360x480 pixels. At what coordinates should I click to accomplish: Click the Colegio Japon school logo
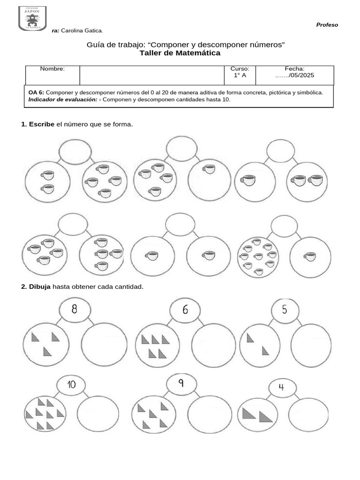click(x=32, y=18)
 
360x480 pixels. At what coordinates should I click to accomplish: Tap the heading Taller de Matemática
click(x=180, y=53)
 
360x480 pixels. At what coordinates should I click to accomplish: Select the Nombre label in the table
click(x=52, y=69)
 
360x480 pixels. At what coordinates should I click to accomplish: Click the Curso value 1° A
click(x=240, y=75)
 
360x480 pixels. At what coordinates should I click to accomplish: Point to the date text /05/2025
click(x=301, y=75)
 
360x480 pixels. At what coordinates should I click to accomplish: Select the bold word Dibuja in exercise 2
click(x=40, y=286)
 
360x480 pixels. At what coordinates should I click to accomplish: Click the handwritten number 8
click(x=75, y=309)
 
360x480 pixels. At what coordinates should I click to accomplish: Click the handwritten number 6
click(x=185, y=310)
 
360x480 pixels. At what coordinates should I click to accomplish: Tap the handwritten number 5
click(x=285, y=310)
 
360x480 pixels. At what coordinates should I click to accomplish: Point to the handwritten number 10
click(x=71, y=385)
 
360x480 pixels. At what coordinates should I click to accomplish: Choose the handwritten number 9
click(x=180, y=383)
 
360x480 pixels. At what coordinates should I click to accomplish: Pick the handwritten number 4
click(x=281, y=387)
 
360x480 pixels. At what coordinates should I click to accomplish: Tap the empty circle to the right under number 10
click(x=97, y=413)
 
